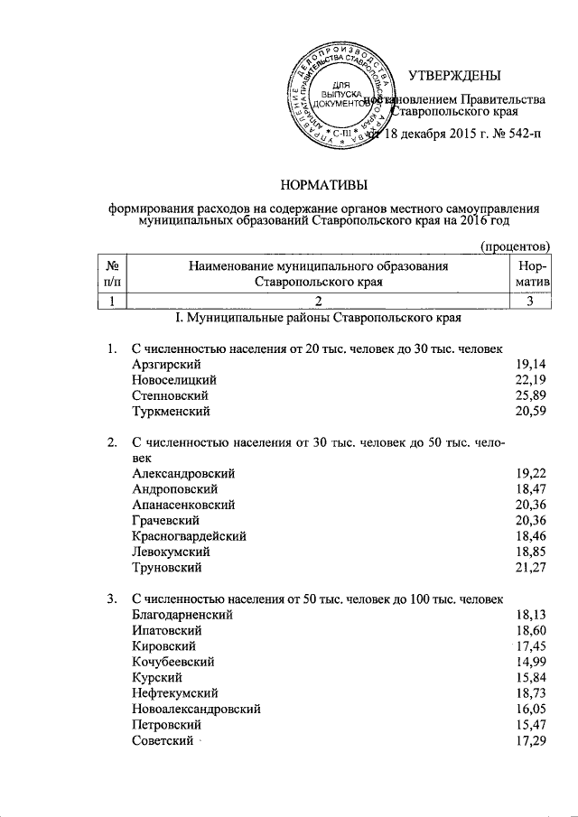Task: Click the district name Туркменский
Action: pyautogui.click(x=171, y=412)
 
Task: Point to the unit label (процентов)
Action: pyautogui.click(x=515, y=246)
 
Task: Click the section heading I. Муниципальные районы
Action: pyautogui.click(x=324, y=319)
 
